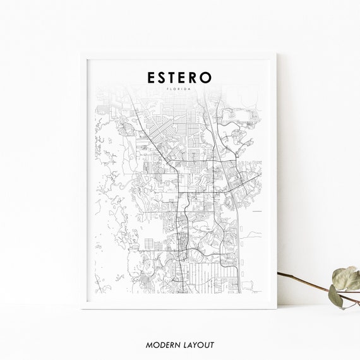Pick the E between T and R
tap(183, 76)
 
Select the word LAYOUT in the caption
tap(196, 345)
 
